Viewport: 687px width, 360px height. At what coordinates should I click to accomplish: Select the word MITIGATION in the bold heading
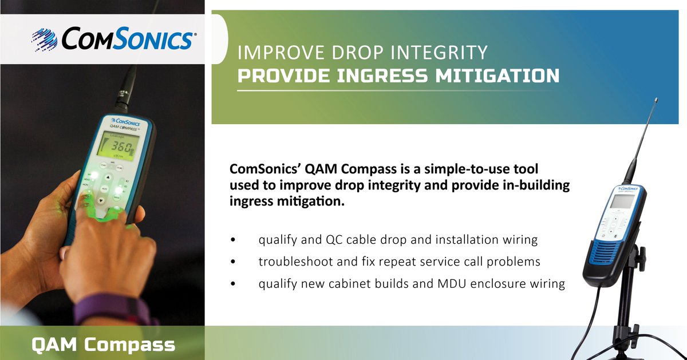point(498,76)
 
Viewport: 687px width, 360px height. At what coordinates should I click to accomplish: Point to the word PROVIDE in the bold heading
point(279,76)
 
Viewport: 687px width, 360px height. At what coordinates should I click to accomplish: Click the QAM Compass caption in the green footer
point(103,344)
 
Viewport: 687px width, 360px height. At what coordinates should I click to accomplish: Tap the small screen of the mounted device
point(622,201)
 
